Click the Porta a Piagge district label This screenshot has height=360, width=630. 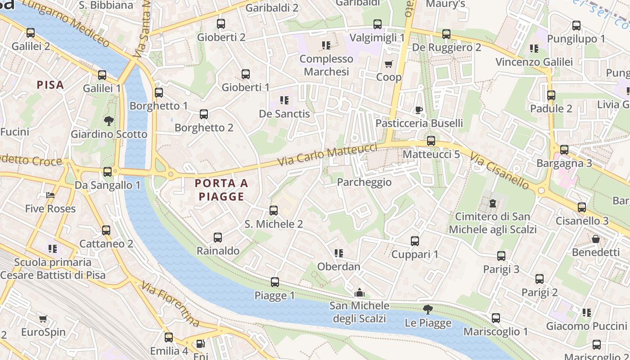point(221,190)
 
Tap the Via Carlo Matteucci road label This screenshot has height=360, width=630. point(328,155)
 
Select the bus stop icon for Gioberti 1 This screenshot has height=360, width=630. point(246,74)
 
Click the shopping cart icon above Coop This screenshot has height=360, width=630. point(389,64)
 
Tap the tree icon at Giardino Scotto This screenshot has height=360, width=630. point(108,121)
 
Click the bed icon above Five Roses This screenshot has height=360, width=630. point(50,196)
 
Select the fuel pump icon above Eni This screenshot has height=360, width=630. point(200,344)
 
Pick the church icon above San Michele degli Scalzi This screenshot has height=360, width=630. point(359,293)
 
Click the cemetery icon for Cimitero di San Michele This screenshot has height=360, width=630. point(493,203)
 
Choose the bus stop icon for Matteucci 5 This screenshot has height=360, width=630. point(431,141)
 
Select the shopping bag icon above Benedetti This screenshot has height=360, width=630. point(596,239)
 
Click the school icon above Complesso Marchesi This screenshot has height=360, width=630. point(326,45)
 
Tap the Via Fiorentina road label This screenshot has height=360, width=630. point(171,304)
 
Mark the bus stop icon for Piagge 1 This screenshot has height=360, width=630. point(275,282)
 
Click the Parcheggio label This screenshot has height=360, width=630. point(364,182)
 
